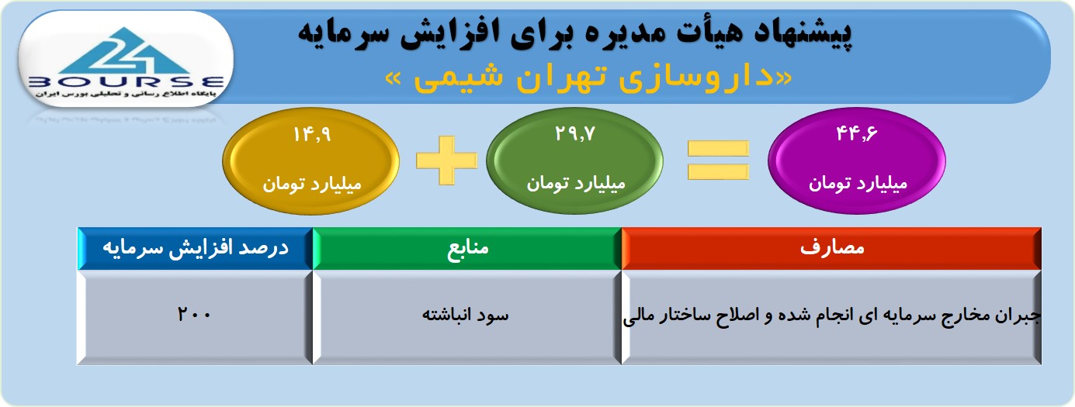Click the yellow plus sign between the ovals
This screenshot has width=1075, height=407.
tap(446, 160)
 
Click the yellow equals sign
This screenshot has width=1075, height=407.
tap(718, 160)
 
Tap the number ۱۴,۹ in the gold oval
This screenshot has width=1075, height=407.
tap(312, 134)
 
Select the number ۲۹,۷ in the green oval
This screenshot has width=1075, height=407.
tap(575, 133)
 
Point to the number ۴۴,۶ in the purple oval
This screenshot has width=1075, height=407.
tap(857, 133)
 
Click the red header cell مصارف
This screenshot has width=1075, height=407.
tap(831, 248)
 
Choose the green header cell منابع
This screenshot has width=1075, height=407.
tap(467, 248)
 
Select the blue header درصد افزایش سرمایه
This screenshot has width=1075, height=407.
tap(196, 248)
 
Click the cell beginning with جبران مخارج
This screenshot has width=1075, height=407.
tap(832, 316)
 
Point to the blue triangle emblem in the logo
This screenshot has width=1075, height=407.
tap(126, 50)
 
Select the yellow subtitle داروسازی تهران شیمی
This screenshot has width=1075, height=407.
tap(589, 78)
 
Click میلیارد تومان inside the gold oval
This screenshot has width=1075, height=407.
tap(312, 185)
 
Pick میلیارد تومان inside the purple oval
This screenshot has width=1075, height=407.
tap(858, 184)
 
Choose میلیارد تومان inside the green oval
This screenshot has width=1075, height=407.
tap(576, 184)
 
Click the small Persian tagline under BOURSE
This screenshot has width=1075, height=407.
tap(126, 94)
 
